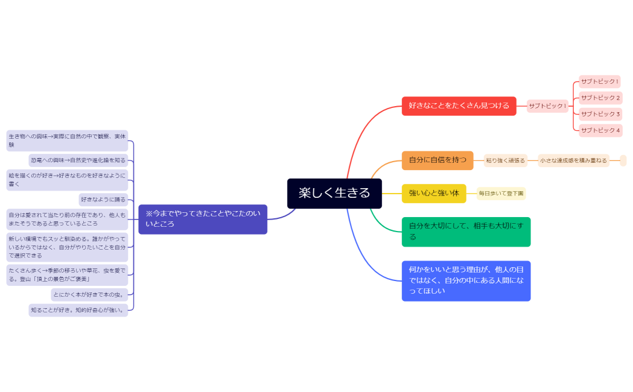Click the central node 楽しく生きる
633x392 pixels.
coord(334,193)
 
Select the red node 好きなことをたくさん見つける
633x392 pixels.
coord(459,106)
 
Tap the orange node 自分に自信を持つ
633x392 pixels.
coord(437,160)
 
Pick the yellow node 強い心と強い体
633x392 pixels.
coord(434,193)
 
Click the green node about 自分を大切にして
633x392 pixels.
coord(466,232)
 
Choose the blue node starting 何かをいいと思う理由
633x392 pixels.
coord(466,280)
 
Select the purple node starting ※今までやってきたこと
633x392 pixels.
coord(203,219)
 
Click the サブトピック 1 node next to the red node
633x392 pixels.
coord(547,106)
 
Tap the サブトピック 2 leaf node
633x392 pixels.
coord(600,98)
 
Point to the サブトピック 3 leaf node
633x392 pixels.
coord(600,114)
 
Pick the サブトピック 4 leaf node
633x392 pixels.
coord(600,130)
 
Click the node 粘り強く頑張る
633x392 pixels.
coord(505,160)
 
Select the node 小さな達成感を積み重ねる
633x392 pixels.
coord(573,160)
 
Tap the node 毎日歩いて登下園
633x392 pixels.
coord(501,194)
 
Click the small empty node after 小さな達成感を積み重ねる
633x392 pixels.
coord(623,160)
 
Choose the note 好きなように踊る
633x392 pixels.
coord(103,200)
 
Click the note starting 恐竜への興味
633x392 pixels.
coord(78,160)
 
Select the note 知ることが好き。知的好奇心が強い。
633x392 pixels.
coord(78,310)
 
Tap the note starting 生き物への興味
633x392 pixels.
coord(67,141)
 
